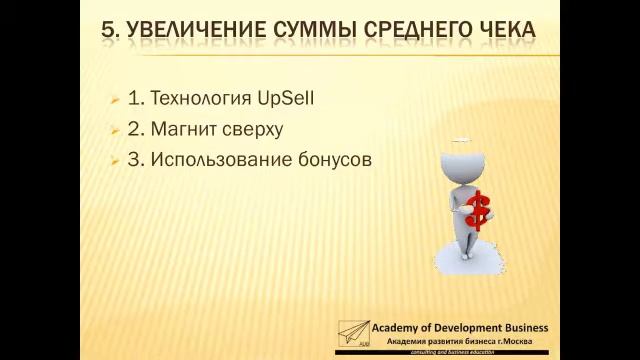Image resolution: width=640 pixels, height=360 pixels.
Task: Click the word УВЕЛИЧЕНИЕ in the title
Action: point(194,31)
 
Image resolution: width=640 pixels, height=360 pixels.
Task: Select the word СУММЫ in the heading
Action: point(318,31)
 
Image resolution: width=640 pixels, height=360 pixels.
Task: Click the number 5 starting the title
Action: point(109,31)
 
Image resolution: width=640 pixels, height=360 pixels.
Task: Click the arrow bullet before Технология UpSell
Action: point(115,100)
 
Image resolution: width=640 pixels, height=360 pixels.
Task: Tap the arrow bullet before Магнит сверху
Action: point(115,130)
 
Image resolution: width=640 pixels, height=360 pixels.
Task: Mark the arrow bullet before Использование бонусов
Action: point(115,160)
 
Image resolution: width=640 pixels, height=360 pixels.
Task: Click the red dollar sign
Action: point(479,210)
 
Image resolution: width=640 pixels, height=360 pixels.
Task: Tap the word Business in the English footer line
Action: point(519,328)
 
